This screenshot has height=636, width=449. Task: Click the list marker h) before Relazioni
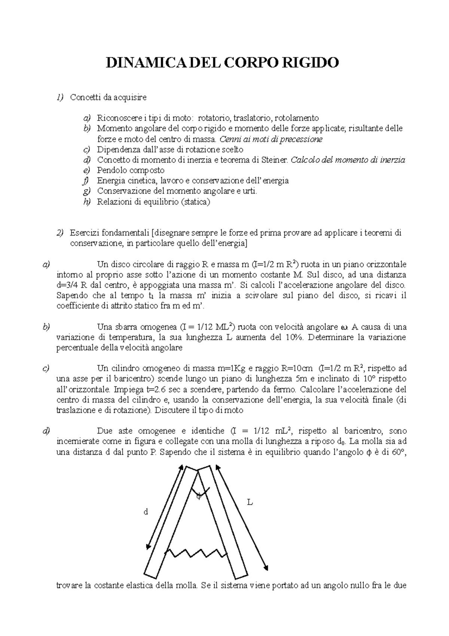(x=87, y=202)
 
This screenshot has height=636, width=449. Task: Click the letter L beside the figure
(x=250, y=502)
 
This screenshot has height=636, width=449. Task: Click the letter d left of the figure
(x=146, y=512)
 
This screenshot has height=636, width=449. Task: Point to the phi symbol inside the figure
(x=199, y=496)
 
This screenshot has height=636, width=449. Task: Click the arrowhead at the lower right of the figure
(x=266, y=567)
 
